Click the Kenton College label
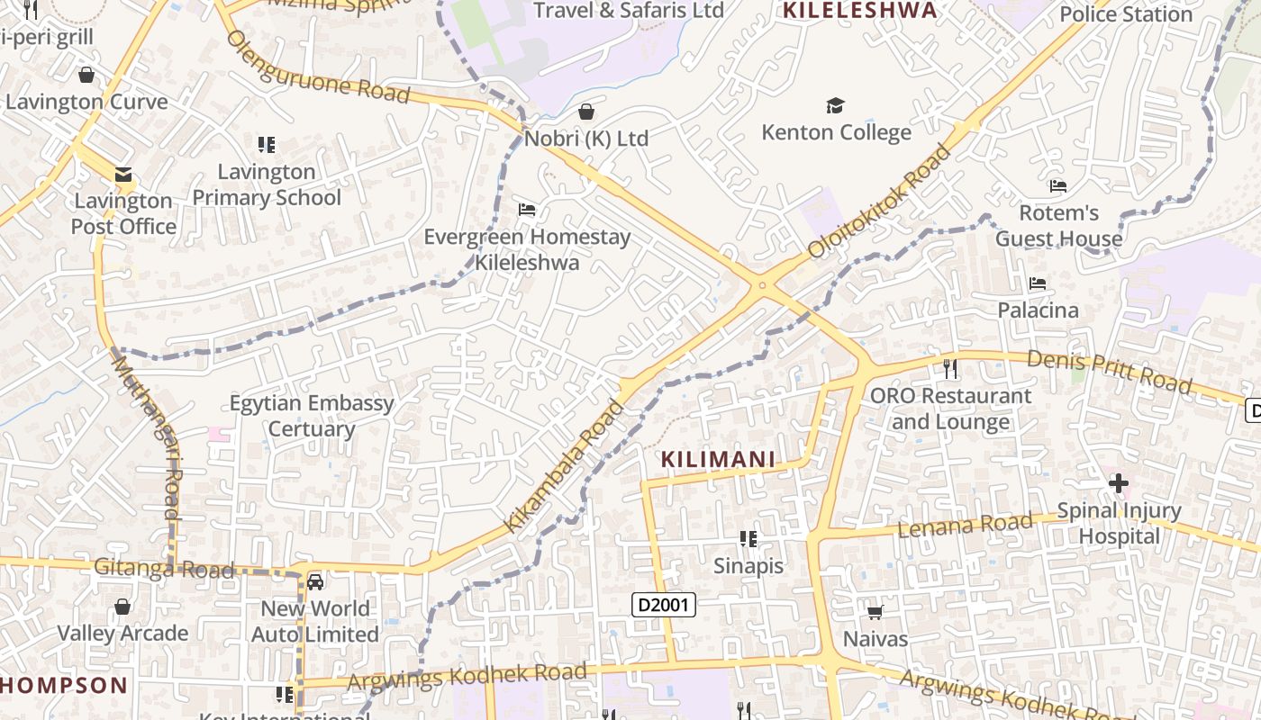[x=836, y=132]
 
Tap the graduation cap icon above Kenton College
[x=836, y=106]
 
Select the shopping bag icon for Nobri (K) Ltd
[x=586, y=112]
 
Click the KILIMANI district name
[x=718, y=459]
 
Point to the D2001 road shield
[x=663, y=605]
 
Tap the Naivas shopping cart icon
[x=875, y=613]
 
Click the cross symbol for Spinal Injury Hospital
[x=1119, y=483]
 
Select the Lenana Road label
[x=965, y=525]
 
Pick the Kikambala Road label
[x=564, y=466]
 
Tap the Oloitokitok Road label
[x=879, y=201]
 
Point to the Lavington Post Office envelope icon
[x=122, y=175]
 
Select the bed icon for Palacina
[x=1038, y=283]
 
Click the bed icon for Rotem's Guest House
[x=1058, y=186]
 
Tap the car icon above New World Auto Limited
[x=315, y=582]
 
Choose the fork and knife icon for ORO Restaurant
[x=949, y=368]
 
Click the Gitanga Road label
[x=164, y=569]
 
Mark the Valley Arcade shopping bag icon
[x=122, y=607]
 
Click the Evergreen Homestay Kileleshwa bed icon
[x=527, y=210]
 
